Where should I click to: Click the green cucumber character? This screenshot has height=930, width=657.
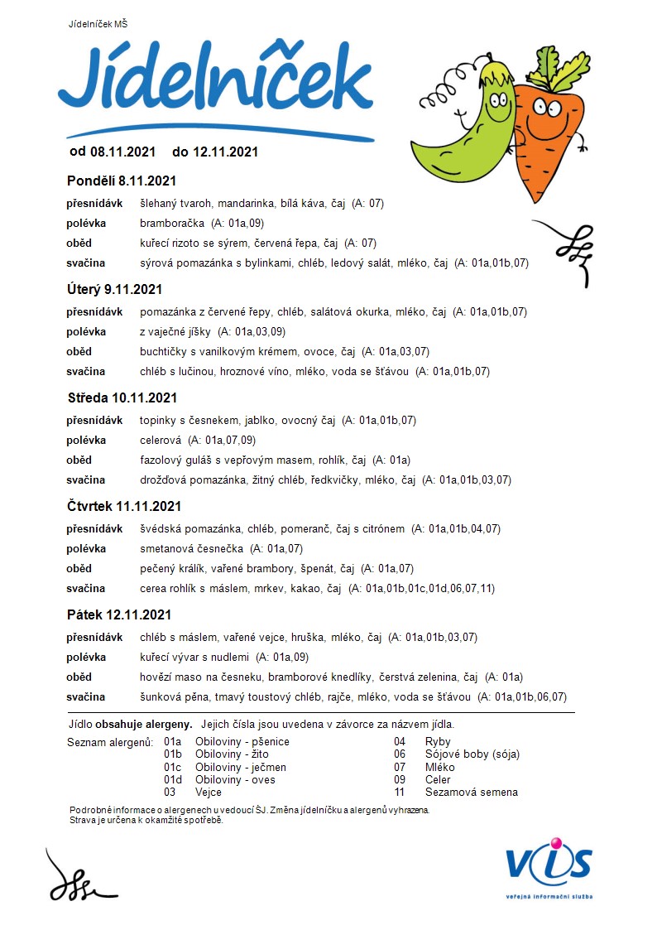472,124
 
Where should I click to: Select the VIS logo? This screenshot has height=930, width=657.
549,865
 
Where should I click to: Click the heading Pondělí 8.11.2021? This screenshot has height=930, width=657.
121,181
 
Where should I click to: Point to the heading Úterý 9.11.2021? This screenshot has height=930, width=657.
114,289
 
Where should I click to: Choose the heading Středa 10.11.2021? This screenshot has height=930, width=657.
122,398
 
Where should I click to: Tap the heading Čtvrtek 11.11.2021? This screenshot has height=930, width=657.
124,506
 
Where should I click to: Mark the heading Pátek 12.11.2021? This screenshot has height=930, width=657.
118,614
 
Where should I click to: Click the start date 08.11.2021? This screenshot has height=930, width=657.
122,152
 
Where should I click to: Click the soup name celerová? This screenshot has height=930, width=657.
161,440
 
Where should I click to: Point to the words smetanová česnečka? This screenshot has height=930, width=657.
192,548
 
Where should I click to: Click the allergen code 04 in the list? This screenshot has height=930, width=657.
400,742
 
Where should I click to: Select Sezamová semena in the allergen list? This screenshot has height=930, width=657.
472,792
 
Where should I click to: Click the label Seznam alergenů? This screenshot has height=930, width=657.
109,742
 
